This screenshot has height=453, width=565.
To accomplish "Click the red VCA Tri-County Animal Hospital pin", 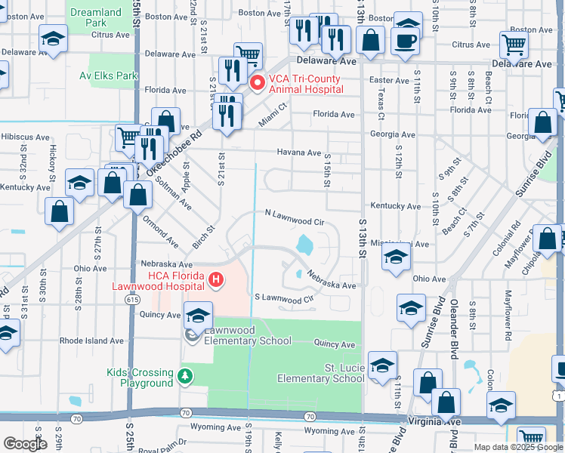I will (x=257, y=82).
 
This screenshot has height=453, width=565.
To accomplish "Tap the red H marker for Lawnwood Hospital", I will (x=217, y=281).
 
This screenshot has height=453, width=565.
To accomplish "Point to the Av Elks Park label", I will (x=109, y=75).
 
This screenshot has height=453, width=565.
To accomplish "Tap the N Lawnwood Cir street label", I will (x=294, y=222).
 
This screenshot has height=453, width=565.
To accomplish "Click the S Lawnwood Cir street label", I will (x=283, y=299).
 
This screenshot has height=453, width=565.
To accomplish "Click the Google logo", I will (x=25, y=443).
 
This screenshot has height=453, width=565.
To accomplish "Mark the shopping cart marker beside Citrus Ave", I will (x=514, y=45).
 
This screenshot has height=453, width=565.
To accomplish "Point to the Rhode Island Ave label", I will (x=92, y=341).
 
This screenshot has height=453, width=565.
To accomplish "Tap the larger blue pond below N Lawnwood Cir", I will (x=304, y=245).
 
